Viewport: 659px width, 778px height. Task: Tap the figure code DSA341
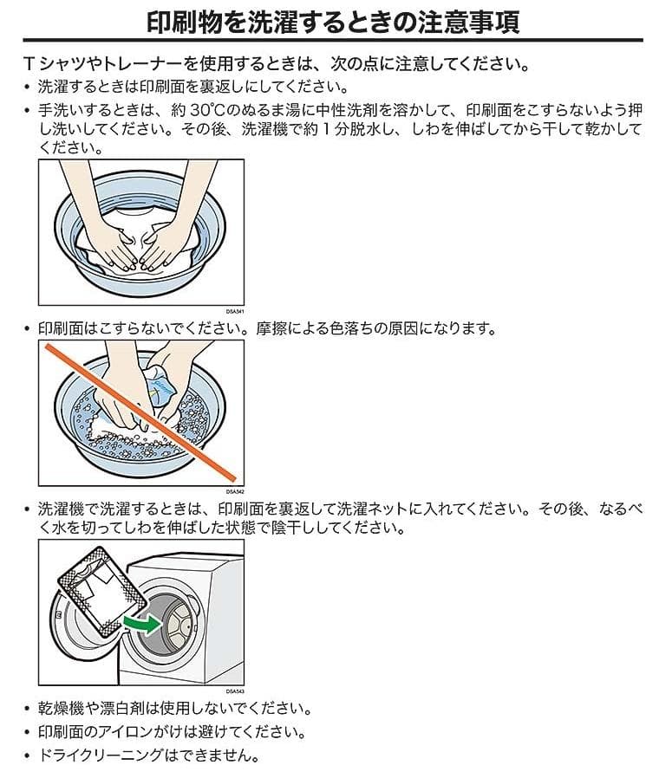[x=235, y=309]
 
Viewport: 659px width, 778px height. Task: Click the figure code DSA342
[x=235, y=490]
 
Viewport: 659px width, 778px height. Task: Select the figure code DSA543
[x=235, y=690]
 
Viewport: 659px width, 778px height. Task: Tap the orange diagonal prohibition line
[x=139, y=412]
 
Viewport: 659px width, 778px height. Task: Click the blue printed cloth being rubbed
[x=161, y=383]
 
